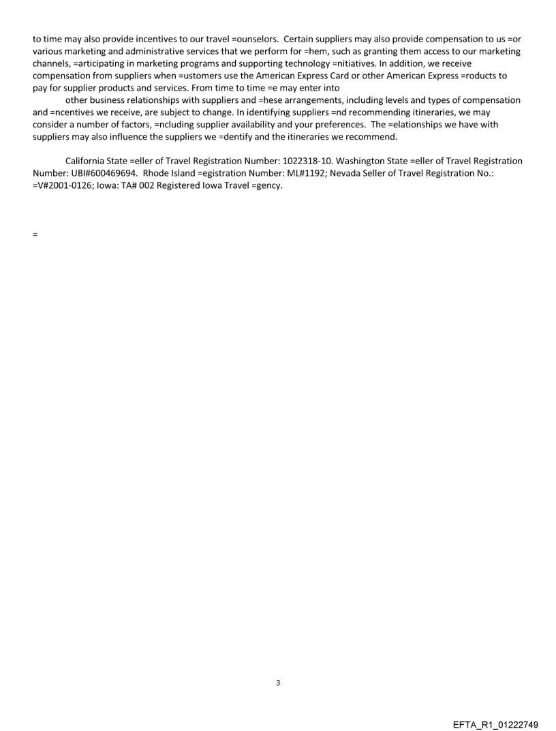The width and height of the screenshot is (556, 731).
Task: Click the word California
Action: [86, 161]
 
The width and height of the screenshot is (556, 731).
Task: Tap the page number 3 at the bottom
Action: [278, 683]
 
